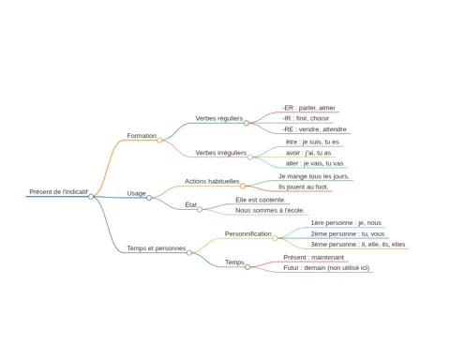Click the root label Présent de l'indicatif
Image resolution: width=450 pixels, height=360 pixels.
[58, 192]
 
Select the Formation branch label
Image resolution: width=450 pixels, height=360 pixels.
[142, 136]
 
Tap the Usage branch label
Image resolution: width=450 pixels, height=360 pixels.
[136, 193]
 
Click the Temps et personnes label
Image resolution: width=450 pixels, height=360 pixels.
[157, 248]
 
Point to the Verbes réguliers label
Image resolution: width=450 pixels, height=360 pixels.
[219, 118]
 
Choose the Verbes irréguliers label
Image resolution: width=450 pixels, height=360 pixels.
[221, 153]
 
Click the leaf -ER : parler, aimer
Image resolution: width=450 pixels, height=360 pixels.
[308, 108]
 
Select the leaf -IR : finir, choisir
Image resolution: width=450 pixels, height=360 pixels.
[306, 118]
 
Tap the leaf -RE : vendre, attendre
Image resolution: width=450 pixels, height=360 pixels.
[314, 129]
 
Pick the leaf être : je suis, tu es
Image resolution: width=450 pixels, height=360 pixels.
[312, 142]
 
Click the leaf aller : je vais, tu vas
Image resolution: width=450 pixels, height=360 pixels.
[314, 163]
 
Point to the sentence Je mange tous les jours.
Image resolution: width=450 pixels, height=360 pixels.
[314, 176]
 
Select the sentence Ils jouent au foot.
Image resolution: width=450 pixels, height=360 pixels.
[304, 187]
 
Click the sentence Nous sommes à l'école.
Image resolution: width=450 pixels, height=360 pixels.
[270, 211]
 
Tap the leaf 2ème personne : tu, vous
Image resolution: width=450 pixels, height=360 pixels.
[348, 234]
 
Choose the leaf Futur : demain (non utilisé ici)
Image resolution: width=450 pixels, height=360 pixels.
[326, 268]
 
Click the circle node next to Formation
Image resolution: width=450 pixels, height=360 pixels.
[159, 141]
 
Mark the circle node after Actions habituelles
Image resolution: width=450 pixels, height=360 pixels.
[243, 186]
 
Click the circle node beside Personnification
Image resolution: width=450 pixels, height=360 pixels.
[275, 238]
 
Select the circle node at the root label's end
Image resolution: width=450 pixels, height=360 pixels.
[91, 197]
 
